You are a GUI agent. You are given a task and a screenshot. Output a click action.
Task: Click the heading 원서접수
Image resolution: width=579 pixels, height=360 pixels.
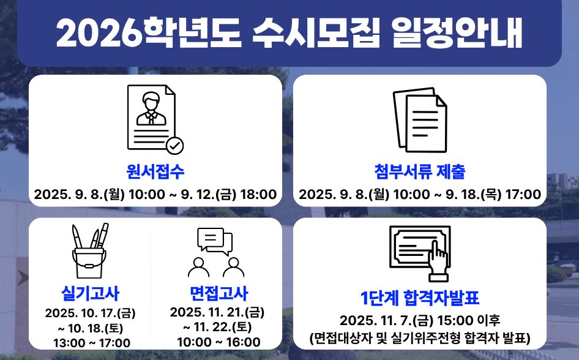click(155, 171)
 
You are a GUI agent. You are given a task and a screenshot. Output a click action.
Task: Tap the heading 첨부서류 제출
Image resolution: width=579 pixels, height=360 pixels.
click(419, 171)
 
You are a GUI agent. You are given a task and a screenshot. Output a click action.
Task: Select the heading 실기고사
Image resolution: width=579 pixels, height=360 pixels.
click(90, 293)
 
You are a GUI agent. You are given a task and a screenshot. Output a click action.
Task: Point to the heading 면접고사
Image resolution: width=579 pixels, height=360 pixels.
click(219, 293)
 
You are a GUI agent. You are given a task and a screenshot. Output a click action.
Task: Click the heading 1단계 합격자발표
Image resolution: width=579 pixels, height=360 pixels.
click(419, 298)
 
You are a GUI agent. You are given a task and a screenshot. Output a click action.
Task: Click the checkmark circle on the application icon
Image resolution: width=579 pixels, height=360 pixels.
click(174, 146)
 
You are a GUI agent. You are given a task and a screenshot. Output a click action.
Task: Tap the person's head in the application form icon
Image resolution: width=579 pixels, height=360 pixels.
click(151, 101)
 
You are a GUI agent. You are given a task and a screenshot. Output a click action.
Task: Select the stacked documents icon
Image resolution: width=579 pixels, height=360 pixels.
click(420, 120)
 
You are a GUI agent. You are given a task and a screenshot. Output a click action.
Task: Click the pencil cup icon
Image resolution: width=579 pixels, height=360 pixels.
click(90, 250)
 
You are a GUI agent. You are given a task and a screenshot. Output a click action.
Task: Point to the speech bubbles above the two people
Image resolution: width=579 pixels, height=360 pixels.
click(215, 241)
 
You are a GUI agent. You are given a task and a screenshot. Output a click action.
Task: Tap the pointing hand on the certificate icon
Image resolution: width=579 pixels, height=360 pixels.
click(438, 261)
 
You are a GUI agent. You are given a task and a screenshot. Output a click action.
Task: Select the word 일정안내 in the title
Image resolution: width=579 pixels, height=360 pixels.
click(457, 33)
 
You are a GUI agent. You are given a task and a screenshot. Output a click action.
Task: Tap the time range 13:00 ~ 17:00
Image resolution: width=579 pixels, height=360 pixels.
click(92, 343)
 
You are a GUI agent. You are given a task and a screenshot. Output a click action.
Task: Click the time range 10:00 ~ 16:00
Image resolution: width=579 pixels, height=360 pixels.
click(219, 342)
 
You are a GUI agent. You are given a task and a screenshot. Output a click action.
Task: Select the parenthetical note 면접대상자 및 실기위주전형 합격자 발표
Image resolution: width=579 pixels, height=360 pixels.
click(420, 338)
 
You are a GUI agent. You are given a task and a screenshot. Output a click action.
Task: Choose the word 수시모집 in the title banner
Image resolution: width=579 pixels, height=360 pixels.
click(316, 33)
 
